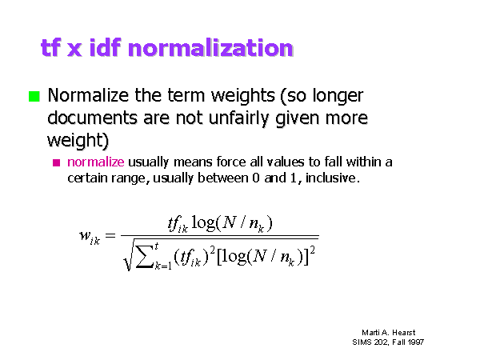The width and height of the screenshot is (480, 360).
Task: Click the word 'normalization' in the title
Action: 210,48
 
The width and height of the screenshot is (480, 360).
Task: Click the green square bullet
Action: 34,96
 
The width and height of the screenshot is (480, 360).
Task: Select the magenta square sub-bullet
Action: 56,162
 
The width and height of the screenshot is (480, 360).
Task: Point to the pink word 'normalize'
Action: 96,162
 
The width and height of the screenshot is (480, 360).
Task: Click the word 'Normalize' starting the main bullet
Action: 88,95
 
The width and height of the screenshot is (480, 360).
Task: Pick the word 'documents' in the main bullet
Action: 93,118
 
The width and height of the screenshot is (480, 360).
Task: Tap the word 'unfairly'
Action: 238,118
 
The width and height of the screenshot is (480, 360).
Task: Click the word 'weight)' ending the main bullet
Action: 78,141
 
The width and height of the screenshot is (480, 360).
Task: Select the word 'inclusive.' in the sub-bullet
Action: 333,178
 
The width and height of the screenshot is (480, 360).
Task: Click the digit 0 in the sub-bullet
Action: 256,178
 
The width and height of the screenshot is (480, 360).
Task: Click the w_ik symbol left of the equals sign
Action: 90,238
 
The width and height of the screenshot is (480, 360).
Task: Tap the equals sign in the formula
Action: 110,235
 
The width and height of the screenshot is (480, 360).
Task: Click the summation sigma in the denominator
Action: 144,256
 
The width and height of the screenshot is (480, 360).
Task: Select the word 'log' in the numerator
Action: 203,222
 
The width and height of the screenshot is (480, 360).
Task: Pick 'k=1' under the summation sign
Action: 163,266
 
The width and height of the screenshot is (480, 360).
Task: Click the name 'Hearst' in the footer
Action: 404,333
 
